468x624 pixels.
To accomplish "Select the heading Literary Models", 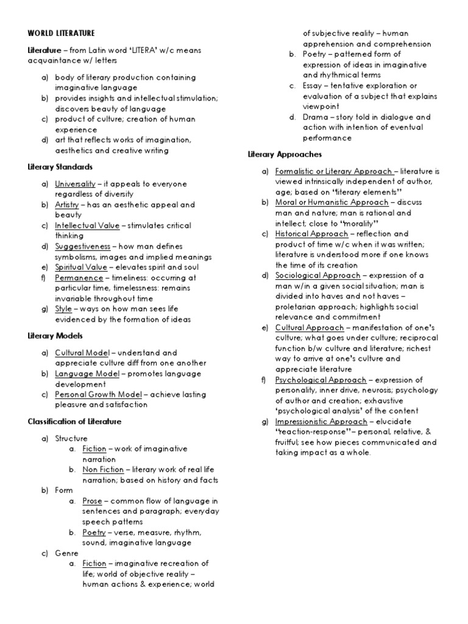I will point(55,335).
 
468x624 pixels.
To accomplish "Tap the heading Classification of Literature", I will point(74,421).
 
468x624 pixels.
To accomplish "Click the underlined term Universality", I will point(75,183).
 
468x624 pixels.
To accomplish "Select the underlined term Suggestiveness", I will point(83,246).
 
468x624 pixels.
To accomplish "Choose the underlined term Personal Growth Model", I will point(98,394).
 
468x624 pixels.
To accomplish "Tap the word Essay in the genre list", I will point(315,85).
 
